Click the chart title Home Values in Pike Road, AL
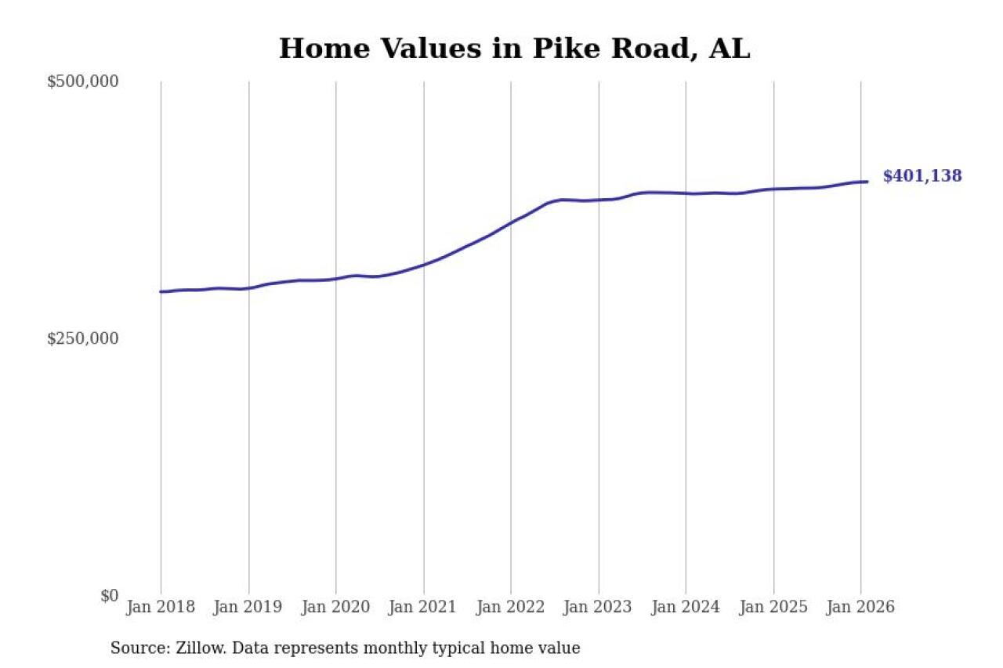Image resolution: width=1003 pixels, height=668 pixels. point(514,49)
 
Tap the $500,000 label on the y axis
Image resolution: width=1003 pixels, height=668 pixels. point(82,81)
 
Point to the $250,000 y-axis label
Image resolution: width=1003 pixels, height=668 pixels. point(82,338)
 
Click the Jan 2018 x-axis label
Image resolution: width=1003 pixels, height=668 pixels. point(160,608)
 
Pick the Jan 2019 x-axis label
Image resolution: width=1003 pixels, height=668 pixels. point(248,608)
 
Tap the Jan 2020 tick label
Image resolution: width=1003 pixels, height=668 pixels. point(335,608)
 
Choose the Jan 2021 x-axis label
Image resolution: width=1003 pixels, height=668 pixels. point(423,608)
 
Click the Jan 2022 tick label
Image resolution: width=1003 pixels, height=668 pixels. point(510,608)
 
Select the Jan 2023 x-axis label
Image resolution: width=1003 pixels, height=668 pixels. point(598,608)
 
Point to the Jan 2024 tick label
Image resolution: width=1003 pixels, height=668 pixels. point(686,608)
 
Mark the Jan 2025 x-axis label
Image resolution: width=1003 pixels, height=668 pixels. point(773,608)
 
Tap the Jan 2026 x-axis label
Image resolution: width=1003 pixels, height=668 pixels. point(860,608)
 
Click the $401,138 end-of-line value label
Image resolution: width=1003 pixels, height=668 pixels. point(922,176)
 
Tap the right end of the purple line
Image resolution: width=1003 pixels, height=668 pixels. point(867,182)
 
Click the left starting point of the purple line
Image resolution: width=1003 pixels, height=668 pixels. point(161,292)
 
